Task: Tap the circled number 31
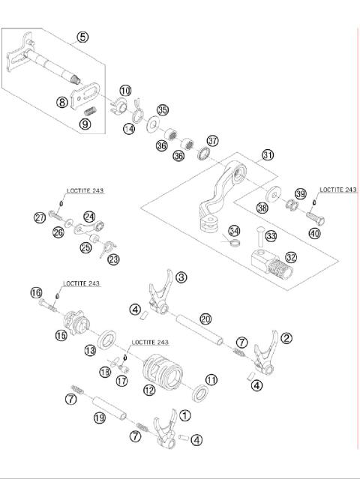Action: click(x=268, y=156)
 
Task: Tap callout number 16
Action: click(x=35, y=292)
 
